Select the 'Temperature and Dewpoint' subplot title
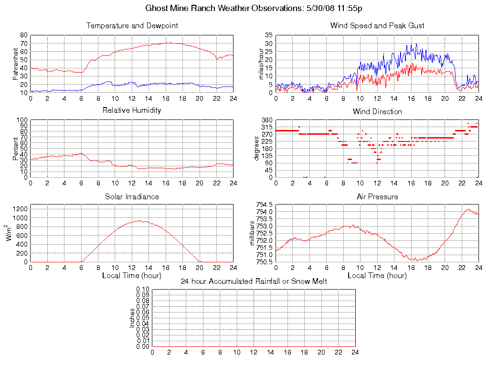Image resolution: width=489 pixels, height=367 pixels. pos(132,26)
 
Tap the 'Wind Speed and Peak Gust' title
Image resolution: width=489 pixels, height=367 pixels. pos(377,26)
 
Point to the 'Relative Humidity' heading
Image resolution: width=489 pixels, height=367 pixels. pos(132,110)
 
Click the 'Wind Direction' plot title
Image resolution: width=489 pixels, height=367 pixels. pos(377,111)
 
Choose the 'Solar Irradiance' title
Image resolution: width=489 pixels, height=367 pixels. pos(132,196)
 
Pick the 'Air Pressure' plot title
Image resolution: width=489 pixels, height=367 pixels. pos(377,196)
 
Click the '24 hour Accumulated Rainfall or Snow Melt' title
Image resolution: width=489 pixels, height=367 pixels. pos(254,281)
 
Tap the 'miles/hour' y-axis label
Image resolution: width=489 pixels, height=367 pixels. pos(261,64)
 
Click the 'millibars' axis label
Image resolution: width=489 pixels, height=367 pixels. pos(253,233)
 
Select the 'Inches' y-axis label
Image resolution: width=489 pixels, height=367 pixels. pos(132,318)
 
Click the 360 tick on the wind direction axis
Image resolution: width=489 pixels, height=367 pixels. pos(267,120)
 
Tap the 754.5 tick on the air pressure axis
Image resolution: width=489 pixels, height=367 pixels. pos(264,205)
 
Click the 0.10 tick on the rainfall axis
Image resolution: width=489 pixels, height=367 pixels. pos(143,289)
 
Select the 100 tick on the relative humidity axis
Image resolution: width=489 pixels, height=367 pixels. pos(22,120)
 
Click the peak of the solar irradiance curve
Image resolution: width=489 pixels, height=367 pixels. pos(139,220)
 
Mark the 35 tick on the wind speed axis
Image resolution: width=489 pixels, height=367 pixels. pos(268,35)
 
